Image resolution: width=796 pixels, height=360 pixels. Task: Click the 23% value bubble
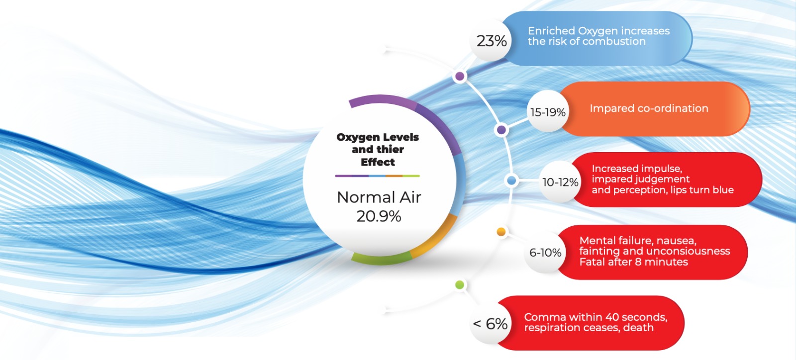(491, 40)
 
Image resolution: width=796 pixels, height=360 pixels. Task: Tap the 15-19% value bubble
(548, 111)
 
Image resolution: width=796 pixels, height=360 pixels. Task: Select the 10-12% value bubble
(560, 182)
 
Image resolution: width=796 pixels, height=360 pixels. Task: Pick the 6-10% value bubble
(545, 253)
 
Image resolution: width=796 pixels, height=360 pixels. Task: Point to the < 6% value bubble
(491, 323)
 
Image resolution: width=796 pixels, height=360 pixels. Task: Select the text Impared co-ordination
(649, 108)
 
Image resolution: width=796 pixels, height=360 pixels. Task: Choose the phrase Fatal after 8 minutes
(634, 262)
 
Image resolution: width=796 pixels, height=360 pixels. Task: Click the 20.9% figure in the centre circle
(379, 216)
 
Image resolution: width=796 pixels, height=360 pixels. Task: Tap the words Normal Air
(379, 197)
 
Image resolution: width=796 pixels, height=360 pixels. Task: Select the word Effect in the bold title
(378, 162)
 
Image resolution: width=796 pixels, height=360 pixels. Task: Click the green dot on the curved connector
(460, 285)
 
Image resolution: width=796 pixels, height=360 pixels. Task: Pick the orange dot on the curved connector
(501, 232)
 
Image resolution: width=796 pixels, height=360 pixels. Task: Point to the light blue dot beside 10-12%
(511, 180)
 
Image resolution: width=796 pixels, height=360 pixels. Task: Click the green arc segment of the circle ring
(380, 261)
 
